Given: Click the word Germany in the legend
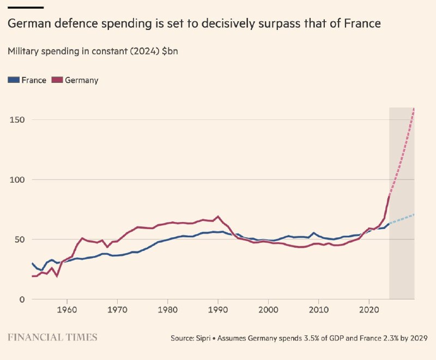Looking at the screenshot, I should (81, 80).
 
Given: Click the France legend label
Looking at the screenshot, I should (34, 80).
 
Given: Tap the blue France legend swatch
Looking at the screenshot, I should (14, 80).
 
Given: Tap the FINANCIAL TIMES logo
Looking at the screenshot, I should (52, 338).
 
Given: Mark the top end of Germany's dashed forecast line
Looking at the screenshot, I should (414, 109).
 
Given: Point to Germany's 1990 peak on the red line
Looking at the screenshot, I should (218, 217).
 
